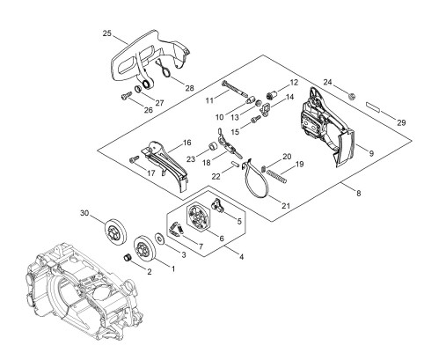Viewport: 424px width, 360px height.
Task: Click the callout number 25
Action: pyautogui.click(x=107, y=33)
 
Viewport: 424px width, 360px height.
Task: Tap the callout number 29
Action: pyautogui.click(x=401, y=122)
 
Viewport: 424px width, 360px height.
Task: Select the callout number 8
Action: pyautogui.click(x=358, y=194)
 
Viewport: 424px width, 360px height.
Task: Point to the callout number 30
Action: pyautogui.click(x=84, y=212)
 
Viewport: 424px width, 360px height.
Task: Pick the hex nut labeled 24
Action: pyautogui.click(x=350, y=95)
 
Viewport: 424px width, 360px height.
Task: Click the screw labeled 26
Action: pyautogui.click(x=127, y=96)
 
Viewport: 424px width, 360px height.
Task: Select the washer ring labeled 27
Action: pyautogui.click(x=138, y=89)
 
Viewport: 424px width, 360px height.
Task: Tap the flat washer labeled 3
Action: pyautogui.click(x=160, y=237)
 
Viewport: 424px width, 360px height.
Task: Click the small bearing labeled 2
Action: pyautogui.click(x=128, y=259)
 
